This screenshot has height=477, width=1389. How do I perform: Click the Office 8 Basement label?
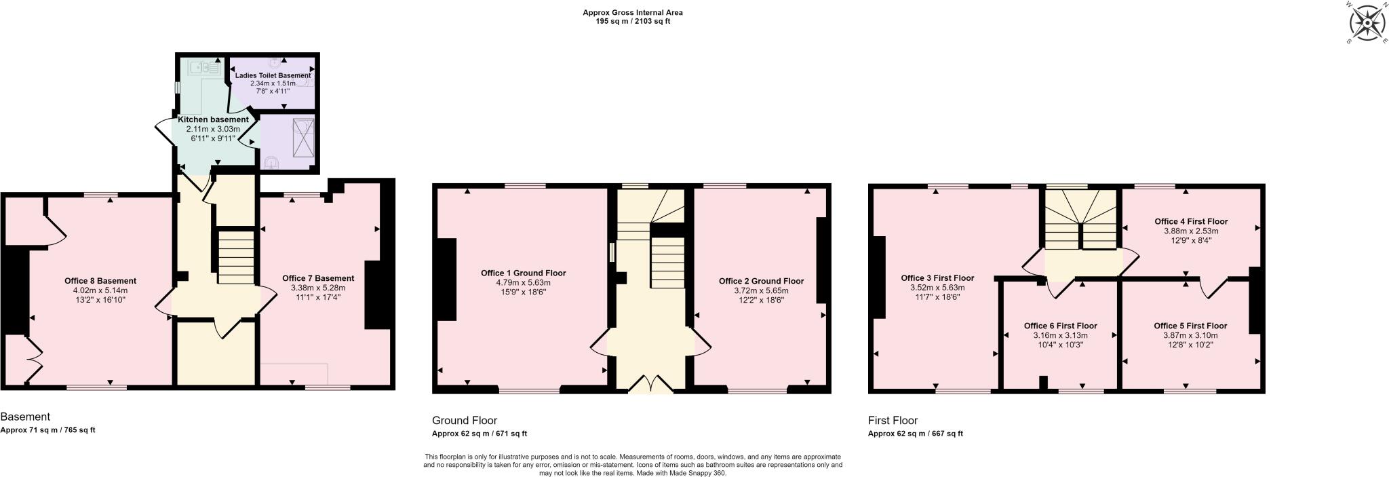(x=100, y=281)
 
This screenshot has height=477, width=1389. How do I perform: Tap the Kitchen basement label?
(x=213, y=119)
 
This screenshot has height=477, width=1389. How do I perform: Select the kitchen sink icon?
(x=205, y=67)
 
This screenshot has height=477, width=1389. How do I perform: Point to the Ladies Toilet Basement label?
(x=273, y=75)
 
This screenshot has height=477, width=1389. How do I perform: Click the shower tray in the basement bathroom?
(x=303, y=134)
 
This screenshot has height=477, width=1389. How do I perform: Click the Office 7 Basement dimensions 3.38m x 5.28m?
(x=317, y=288)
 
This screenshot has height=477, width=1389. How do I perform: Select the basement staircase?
(x=235, y=256)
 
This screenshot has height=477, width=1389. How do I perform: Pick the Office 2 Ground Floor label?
(x=761, y=281)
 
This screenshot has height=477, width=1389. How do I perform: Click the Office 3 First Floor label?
(x=937, y=278)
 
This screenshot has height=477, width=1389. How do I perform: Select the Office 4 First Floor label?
(x=1191, y=222)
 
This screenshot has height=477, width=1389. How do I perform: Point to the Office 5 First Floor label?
(x=1190, y=326)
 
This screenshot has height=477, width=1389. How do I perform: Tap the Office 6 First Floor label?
(x=1060, y=326)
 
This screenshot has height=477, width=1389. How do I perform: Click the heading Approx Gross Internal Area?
(x=632, y=12)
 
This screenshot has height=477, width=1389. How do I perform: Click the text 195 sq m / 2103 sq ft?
(x=632, y=22)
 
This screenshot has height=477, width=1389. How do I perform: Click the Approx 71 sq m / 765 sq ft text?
(x=47, y=430)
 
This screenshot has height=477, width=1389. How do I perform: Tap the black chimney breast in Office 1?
(x=446, y=279)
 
